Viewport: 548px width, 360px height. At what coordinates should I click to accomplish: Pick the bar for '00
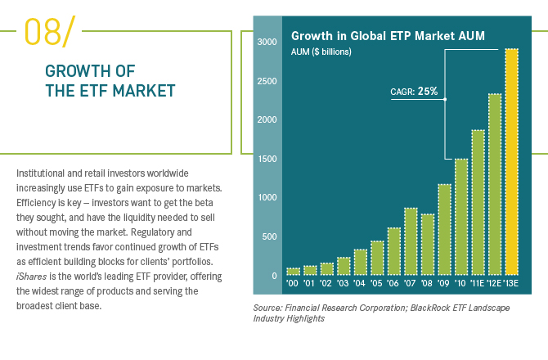pyautogui.click(x=293, y=271)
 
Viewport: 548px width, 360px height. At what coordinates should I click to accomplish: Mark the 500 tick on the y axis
pyautogui.click(x=268, y=236)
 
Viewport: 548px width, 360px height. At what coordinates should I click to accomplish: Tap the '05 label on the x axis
pyautogui.click(x=376, y=284)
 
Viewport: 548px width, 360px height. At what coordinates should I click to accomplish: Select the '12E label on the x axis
pyautogui.click(x=494, y=284)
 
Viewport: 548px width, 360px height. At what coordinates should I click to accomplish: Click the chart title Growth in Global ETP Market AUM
pyautogui.click(x=389, y=36)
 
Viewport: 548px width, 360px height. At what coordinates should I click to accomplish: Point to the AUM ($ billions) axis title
pyautogui.click(x=322, y=52)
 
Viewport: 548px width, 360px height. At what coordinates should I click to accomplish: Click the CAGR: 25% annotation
pyautogui.click(x=414, y=92)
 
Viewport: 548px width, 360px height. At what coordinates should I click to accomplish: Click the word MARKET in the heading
pyautogui.click(x=141, y=91)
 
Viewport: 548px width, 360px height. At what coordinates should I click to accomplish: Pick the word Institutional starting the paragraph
pyautogui.click(x=42, y=173)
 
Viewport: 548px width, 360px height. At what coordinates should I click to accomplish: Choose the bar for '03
pyautogui.click(x=344, y=266)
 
